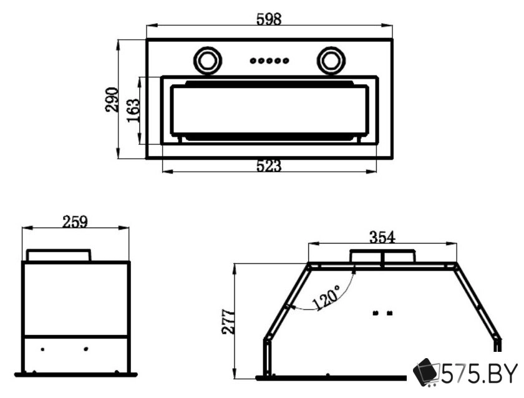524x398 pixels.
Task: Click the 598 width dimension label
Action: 269,19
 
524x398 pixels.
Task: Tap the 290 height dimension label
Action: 112,99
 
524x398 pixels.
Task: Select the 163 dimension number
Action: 133,110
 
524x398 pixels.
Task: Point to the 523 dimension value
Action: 269,166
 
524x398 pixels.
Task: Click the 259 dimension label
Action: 75,221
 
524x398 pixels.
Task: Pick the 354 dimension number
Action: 382,237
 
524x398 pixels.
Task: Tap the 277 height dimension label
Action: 228,321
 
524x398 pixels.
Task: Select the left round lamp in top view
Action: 208,61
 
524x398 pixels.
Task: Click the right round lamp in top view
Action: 331,61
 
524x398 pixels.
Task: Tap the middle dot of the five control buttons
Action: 269,61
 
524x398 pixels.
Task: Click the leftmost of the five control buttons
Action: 253,61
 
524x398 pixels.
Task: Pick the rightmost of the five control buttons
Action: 286,61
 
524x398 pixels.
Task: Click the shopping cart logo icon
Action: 427,373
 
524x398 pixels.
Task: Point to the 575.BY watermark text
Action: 480,374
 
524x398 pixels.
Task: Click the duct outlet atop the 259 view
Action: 59,255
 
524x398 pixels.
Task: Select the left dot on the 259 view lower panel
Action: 42,349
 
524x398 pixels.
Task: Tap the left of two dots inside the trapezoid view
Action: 376,313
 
